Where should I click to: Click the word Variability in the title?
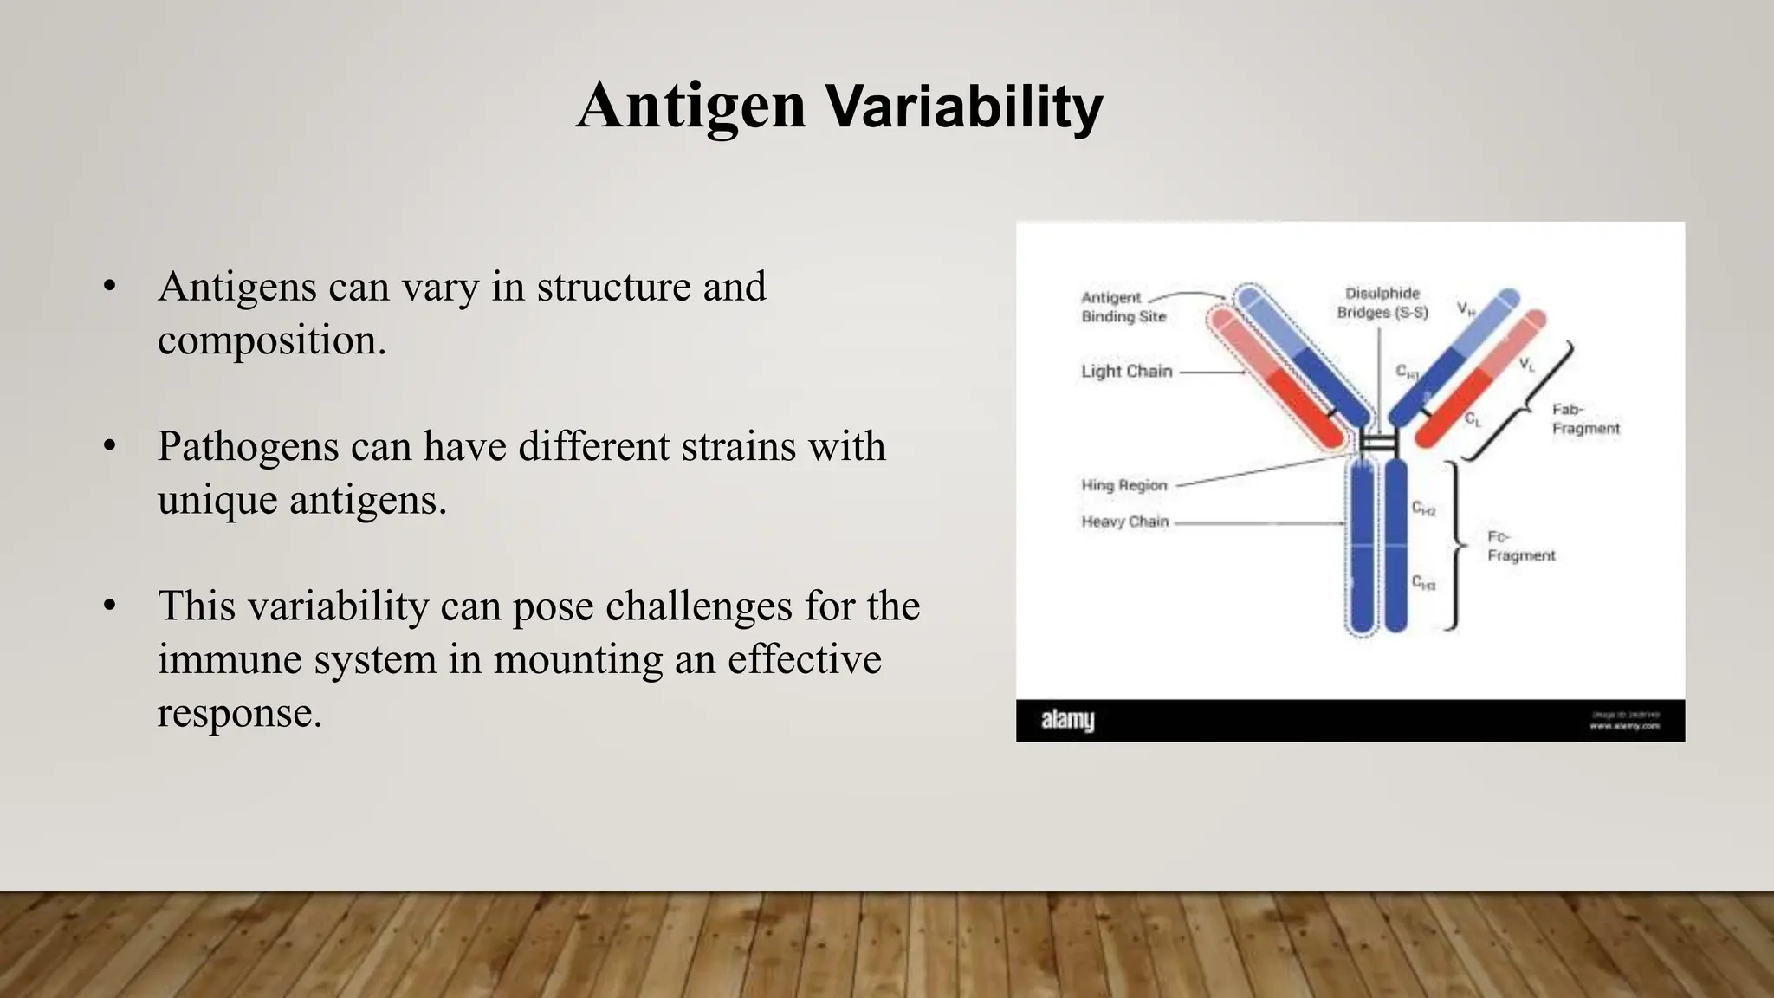[x=963, y=107]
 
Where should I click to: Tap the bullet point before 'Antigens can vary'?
[x=109, y=287]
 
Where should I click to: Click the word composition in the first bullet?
[x=271, y=340]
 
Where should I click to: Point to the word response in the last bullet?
[x=239, y=713]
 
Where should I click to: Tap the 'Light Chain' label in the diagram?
[x=1126, y=372]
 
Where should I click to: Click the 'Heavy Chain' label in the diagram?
[x=1124, y=522]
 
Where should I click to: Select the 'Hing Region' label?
[x=1123, y=485]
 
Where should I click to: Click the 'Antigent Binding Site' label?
[x=1123, y=308]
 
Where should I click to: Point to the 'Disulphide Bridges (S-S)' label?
[x=1382, y=303]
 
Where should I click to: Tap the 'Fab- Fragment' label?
[x=1584, y=419]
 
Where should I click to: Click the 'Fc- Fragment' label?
[x=1520, y=547]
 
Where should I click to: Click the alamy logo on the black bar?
[x=1067, y=720]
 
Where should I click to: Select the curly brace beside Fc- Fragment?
[x=1457, y=546]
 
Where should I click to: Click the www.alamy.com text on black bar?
[x=1624, y=727]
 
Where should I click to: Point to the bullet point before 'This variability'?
[x=109, y=606]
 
